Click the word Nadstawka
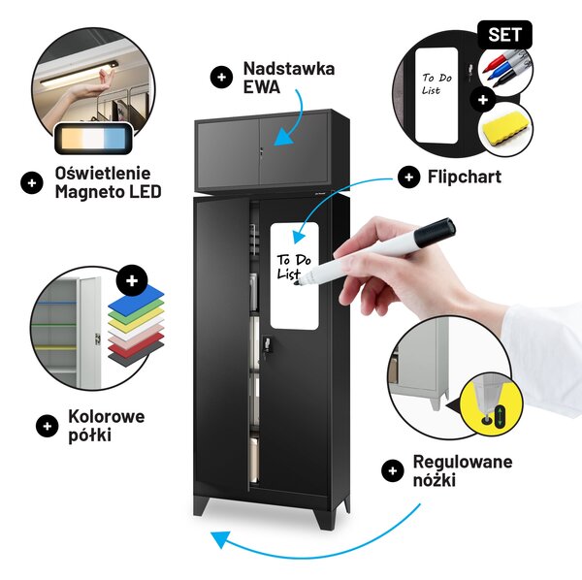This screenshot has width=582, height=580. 289,69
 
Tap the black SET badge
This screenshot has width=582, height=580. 504,35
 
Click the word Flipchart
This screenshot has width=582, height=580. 465,177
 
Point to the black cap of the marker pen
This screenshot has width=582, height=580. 435,232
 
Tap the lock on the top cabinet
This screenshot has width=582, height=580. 261,152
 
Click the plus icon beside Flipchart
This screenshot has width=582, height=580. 408,177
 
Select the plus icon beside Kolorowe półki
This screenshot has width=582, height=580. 48,426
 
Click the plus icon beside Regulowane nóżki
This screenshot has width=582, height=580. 392,471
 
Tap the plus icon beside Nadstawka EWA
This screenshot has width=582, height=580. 221,78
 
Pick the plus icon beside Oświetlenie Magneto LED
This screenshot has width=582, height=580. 32,183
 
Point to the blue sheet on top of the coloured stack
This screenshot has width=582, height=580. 136,299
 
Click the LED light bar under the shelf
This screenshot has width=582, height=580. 79,74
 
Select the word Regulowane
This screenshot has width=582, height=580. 463,462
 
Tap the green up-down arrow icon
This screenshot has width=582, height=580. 500,416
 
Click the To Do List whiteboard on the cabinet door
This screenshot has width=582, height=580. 294,275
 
